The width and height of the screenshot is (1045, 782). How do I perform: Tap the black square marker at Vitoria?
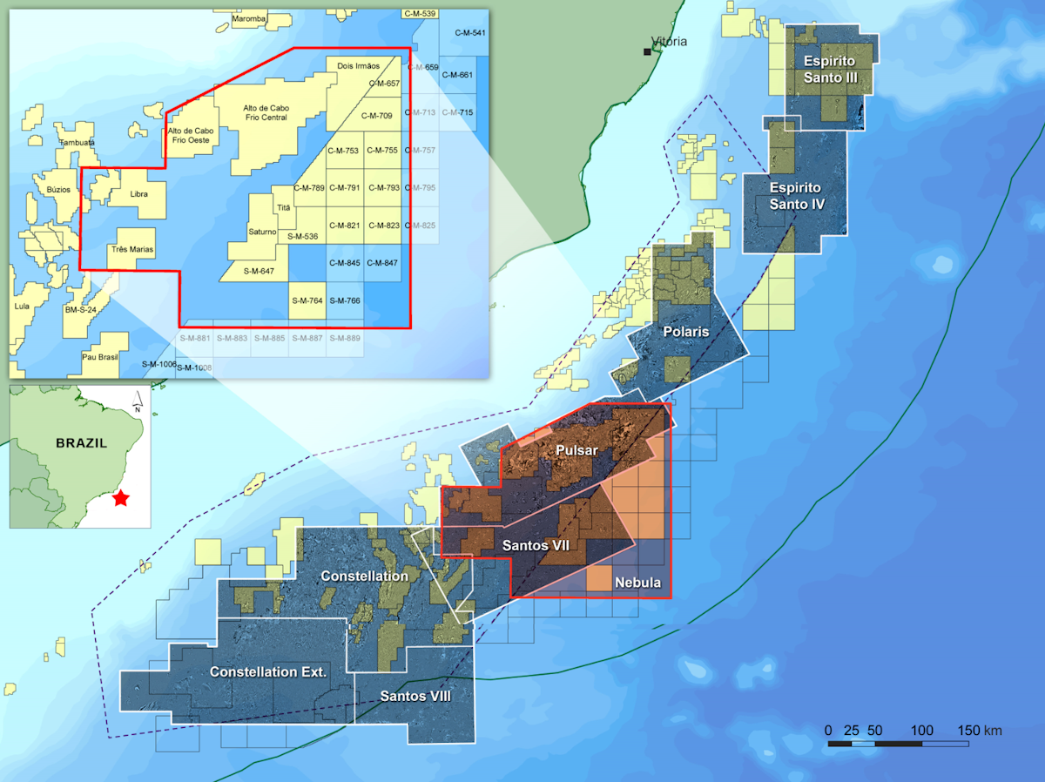(647, 52)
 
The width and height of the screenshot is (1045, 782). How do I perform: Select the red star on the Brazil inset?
(120, 499)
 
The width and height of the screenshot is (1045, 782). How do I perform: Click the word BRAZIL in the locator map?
(81, 442)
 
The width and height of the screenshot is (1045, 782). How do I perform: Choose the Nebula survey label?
(638, 583)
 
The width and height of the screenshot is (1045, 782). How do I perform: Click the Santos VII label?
(536, 545)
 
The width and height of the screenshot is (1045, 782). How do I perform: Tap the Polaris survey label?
(686, 333)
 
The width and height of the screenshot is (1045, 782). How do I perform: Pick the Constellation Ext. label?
(268, 672)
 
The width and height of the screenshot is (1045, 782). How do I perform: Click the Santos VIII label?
(416, 697)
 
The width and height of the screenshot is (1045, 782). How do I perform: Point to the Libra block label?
(138, 194)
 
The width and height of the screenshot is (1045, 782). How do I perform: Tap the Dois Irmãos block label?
(358, 65)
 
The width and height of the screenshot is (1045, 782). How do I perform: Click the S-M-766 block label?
(347, 300)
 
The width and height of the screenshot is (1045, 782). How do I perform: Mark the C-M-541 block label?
(470, 33)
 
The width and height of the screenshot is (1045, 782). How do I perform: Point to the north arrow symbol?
(137, 401)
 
